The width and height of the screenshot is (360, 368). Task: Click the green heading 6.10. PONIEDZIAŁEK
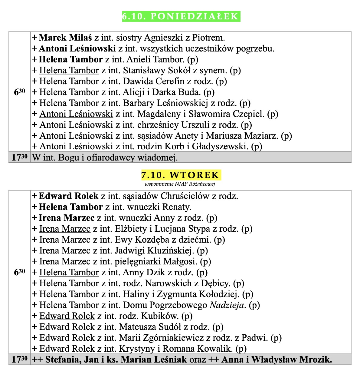click(181, 16)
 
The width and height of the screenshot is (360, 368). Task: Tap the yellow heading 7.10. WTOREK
click(180, 175)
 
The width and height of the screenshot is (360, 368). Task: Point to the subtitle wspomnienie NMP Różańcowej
click(180, 184)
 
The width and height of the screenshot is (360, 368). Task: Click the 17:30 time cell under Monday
click(19, 157)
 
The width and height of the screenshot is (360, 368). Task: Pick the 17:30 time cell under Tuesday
click(19, 360)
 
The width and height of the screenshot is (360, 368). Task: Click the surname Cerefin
click(169, 81)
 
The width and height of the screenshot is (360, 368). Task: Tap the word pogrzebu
click(258, 48)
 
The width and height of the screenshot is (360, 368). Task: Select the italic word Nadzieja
click(227, 305)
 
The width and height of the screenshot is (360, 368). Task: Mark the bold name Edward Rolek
click(69, 196)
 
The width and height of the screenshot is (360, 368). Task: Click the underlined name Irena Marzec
click(65, 229)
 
